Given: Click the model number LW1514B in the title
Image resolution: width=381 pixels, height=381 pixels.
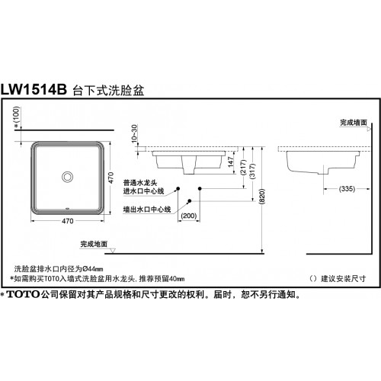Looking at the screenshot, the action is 34,89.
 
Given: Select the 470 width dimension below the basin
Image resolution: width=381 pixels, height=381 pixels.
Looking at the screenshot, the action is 68,221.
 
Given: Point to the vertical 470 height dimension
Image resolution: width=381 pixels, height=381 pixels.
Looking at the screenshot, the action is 110,178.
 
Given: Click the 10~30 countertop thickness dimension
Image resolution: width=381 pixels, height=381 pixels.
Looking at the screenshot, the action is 134,133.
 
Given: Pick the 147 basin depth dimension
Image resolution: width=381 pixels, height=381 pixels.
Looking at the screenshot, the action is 231,162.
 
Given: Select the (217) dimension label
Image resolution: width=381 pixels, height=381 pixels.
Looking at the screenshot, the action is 243,167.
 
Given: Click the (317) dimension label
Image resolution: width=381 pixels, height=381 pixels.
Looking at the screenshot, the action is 252,171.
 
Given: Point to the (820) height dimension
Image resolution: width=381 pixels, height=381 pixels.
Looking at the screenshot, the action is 262,197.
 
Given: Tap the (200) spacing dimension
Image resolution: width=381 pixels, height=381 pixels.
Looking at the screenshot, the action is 189,216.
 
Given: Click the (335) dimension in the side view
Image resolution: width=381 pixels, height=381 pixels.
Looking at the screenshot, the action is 347,189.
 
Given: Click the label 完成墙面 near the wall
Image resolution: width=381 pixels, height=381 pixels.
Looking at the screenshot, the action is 354,123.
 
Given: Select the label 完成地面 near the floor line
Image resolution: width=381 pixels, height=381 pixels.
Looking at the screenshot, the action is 94,244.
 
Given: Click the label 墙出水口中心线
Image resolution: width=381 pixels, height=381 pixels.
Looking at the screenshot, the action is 147,210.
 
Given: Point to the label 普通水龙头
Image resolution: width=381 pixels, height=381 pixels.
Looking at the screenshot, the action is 140,183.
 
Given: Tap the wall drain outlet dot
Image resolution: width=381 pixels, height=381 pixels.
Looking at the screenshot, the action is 189,201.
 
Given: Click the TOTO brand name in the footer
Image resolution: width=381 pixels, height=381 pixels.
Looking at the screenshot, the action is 23,294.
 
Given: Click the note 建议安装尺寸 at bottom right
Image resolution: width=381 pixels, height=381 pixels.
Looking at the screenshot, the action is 344,279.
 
